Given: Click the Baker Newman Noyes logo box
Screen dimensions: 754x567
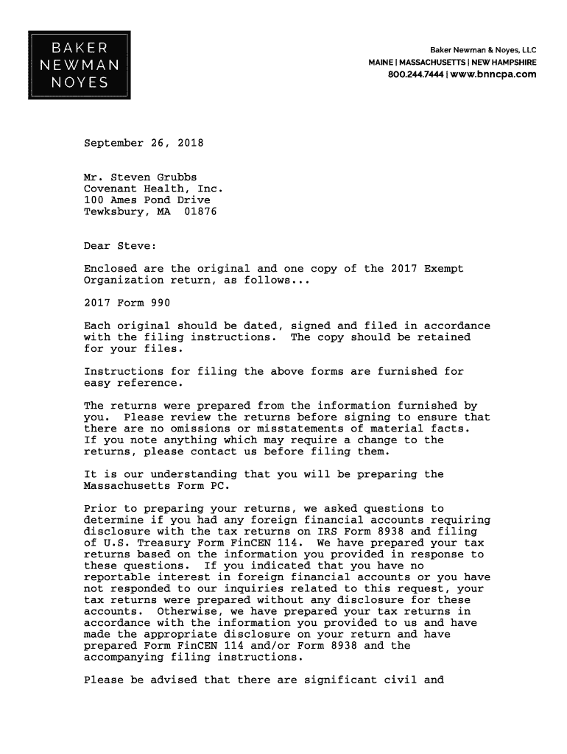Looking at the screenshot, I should point(79,65).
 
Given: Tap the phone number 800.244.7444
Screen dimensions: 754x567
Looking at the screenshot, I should point(415,74).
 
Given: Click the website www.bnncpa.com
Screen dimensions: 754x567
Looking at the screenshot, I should point(493,74).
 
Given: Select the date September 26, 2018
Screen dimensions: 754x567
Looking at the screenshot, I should point(144,143).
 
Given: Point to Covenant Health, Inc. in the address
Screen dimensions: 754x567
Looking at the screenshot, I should point(153,188).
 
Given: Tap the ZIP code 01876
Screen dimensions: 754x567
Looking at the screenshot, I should point(200,211).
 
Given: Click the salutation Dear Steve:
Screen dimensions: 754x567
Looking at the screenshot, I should point(120,246).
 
